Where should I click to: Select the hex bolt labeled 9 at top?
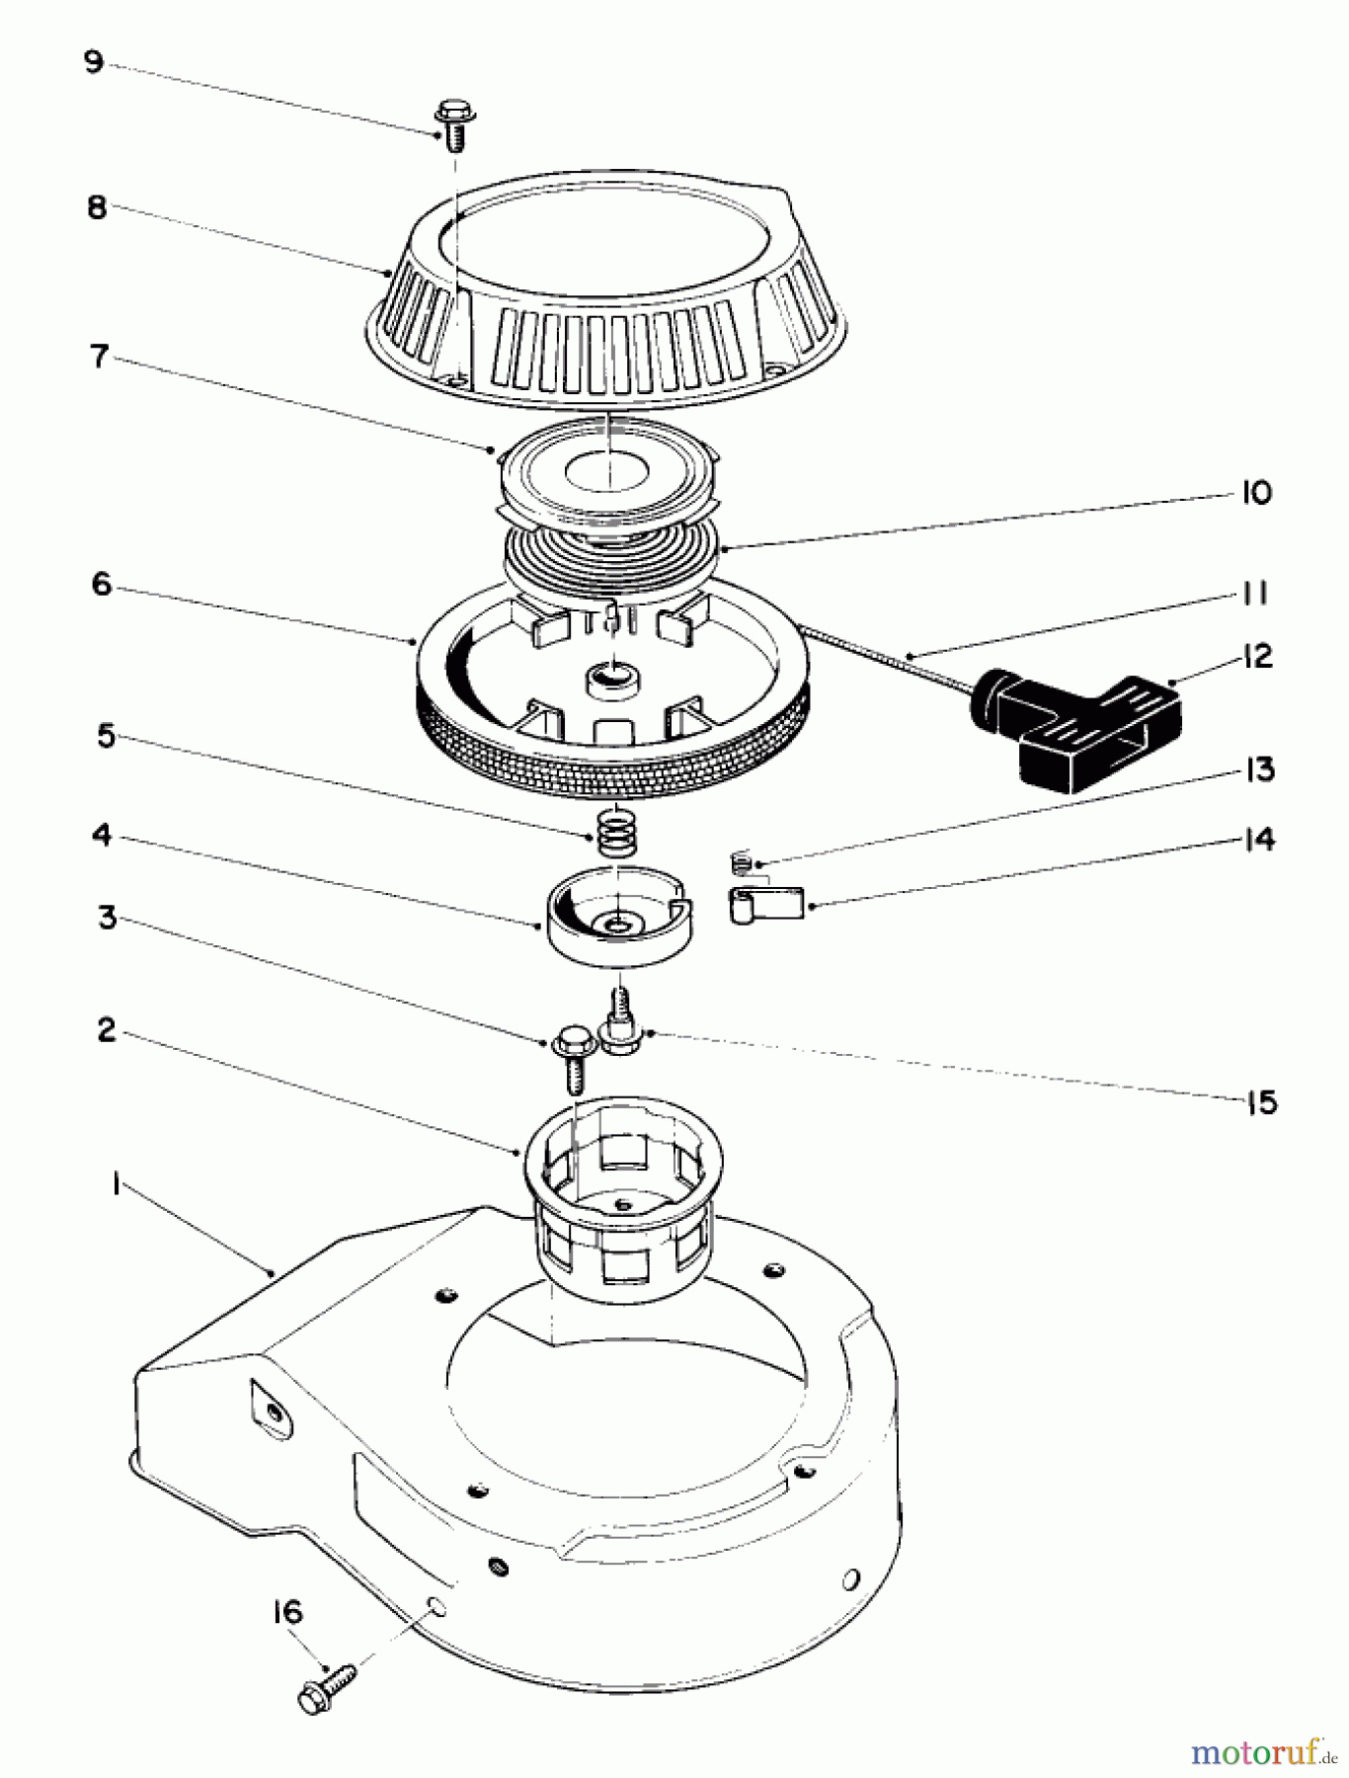tap(454, 124)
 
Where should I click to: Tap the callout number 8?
tap(97, 208)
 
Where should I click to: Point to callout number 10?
tap(1255, 493)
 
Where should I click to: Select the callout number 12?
tap(1258, 657)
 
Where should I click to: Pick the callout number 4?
tap(102, 836)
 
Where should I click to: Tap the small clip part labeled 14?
tap(766, 904)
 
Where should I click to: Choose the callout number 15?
tap(1261, 1102)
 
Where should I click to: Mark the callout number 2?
tap(107, 1030)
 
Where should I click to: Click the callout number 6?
tap(102, 584)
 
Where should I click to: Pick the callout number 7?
tap(99, 357)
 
